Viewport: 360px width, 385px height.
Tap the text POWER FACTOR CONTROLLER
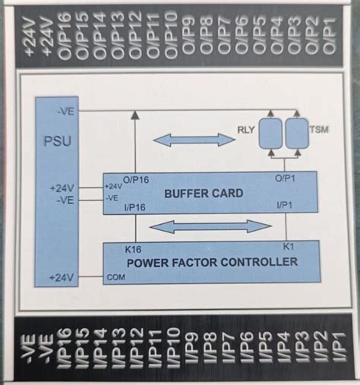point(212,263)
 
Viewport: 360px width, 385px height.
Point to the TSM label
point(320,130)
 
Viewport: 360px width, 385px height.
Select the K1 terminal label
point(289,247)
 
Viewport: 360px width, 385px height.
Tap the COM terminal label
point(115,276)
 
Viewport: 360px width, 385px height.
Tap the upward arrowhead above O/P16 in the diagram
point(134,115)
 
